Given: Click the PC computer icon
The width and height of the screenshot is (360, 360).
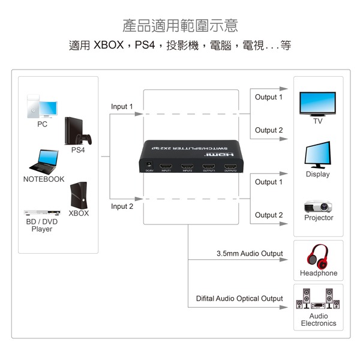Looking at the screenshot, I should click(41, 106).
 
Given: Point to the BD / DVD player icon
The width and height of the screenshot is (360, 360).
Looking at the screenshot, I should click(41, 213).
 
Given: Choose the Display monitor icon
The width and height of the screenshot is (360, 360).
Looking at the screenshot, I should click(317, 155).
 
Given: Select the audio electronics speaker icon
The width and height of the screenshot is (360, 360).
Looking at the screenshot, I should click(318, 298).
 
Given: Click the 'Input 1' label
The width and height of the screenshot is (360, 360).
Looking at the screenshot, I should click(122, 107).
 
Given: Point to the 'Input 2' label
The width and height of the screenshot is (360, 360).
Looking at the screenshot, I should click(122, 206).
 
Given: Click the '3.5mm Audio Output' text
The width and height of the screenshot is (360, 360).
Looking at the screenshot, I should click(250, 254).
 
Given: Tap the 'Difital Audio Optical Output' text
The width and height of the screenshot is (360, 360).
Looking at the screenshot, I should click(239, 299).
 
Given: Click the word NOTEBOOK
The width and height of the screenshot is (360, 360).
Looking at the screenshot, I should click(44, 179).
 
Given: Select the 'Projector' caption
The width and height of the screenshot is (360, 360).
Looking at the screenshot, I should click(319, 218).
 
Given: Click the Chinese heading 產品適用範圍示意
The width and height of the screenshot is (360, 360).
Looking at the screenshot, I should click(180, 25).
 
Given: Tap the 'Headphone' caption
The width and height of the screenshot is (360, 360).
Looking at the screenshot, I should click(319, 274).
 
